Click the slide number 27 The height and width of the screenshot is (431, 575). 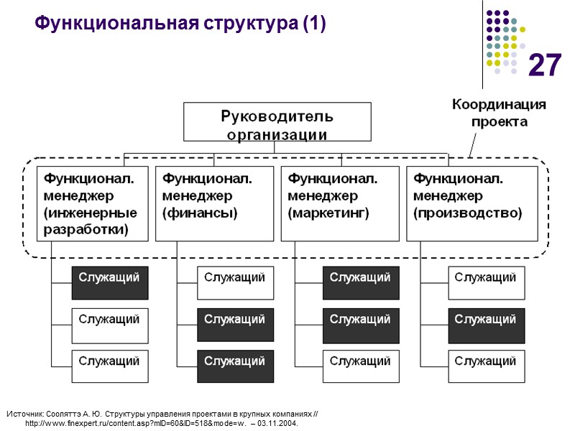click(544, 66)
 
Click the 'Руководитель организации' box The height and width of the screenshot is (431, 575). click(277, 122)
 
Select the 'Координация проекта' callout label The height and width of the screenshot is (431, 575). click(498, 113)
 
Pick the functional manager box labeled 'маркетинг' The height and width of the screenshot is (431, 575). click(339, 203)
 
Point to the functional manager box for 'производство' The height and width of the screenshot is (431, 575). click(471, 203)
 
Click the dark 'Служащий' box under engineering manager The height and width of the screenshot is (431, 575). click(109, 282)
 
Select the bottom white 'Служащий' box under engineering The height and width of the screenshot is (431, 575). click(109, 366)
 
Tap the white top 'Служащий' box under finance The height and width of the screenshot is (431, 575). click(235, 282)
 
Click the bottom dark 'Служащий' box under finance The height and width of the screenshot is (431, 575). click(235, 366)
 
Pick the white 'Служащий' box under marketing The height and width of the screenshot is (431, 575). click(361, 366)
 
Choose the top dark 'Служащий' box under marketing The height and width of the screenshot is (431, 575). click(361, 282)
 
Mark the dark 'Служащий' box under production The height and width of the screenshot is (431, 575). click(486, 325)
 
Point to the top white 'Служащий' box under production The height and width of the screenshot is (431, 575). click(486, 282)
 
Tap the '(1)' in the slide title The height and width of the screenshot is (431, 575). click(314, 24)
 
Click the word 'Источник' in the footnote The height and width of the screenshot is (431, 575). click(24, 414)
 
